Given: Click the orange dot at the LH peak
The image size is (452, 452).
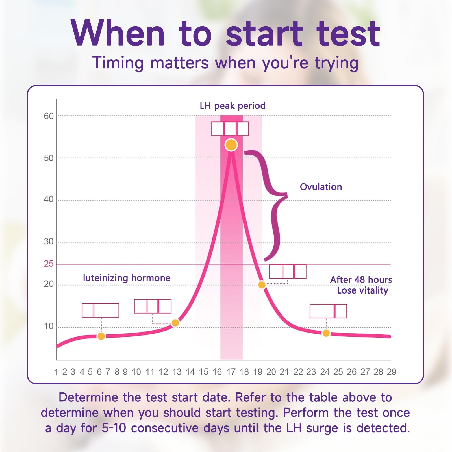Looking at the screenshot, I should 231,145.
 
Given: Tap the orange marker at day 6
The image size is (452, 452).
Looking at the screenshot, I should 101,336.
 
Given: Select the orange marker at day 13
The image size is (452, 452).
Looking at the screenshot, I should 175,323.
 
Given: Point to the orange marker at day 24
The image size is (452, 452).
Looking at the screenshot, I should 326,333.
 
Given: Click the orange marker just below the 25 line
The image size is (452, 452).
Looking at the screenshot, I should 262,285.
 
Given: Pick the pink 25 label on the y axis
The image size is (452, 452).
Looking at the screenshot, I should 49,264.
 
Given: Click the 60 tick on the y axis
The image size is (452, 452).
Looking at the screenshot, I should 49,116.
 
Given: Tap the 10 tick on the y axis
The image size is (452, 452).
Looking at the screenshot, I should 49,326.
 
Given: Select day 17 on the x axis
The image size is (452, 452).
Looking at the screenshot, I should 231,372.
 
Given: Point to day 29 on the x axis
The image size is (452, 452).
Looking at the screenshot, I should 392,372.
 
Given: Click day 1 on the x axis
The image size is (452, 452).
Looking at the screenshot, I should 56,372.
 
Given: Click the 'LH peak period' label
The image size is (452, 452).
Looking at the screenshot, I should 232,106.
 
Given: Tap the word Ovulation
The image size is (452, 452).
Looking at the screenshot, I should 321,187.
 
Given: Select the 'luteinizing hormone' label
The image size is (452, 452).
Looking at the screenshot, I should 127,278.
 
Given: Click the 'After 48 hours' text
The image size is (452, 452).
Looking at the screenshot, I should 361,280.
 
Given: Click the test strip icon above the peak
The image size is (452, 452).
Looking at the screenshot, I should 230,129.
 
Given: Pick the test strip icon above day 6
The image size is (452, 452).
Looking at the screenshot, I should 100,310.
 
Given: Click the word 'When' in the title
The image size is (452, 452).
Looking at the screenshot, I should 118,34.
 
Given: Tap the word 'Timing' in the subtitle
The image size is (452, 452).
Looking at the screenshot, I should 118,63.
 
